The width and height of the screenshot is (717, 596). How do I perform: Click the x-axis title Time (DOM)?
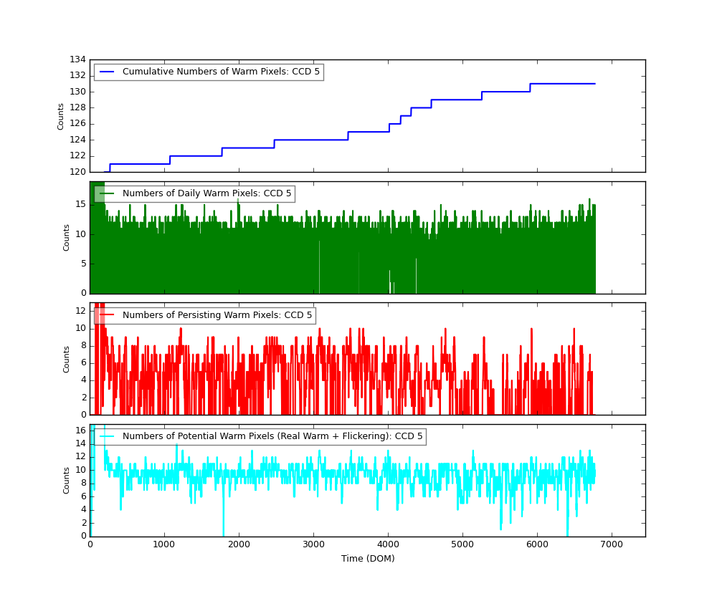[367, 559]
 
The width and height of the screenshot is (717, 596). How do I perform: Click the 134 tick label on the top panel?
[77, 59]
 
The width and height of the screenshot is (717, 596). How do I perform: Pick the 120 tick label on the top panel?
[77, 172]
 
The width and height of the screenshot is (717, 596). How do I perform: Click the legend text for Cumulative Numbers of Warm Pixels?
[221, 72]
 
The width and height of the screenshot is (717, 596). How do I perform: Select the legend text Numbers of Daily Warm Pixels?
[206, 193]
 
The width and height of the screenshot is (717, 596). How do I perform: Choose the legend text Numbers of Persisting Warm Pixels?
[217, 315]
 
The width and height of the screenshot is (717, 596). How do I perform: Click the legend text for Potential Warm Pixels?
[272, 436]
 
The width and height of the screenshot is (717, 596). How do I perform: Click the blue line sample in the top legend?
[107, 72]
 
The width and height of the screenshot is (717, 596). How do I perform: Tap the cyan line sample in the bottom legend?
[107, 436]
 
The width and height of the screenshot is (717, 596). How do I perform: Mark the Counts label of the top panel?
[61, 116]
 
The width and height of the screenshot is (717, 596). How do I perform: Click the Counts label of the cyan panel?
[67, 481]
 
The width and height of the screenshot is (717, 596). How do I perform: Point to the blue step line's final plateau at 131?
[563, 84]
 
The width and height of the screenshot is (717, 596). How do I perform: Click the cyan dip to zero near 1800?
[223, 534]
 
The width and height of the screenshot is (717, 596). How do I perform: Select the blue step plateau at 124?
[310, 140]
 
